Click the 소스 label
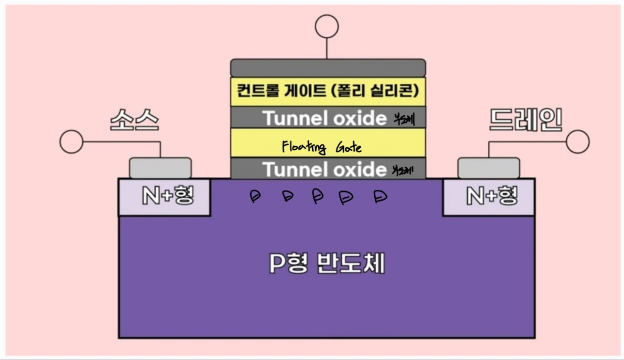(134, 119)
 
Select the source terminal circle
(71, 142)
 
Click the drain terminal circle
(577, 142)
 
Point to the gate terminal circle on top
(326, 26)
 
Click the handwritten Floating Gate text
(321, 147)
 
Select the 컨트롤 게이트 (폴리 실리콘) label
(328, 91)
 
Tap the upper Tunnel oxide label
(324, 118)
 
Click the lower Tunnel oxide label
(324, 169)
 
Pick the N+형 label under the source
(168, 196)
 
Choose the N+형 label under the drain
(492, 196)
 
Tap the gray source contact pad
(160, 168)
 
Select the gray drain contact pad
(489, 168)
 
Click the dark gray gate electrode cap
(328, 67)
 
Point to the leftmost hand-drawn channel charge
(255, 196)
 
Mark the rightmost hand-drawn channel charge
(381, 196)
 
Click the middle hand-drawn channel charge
(317, 196)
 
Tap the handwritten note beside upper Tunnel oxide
(404, 118)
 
